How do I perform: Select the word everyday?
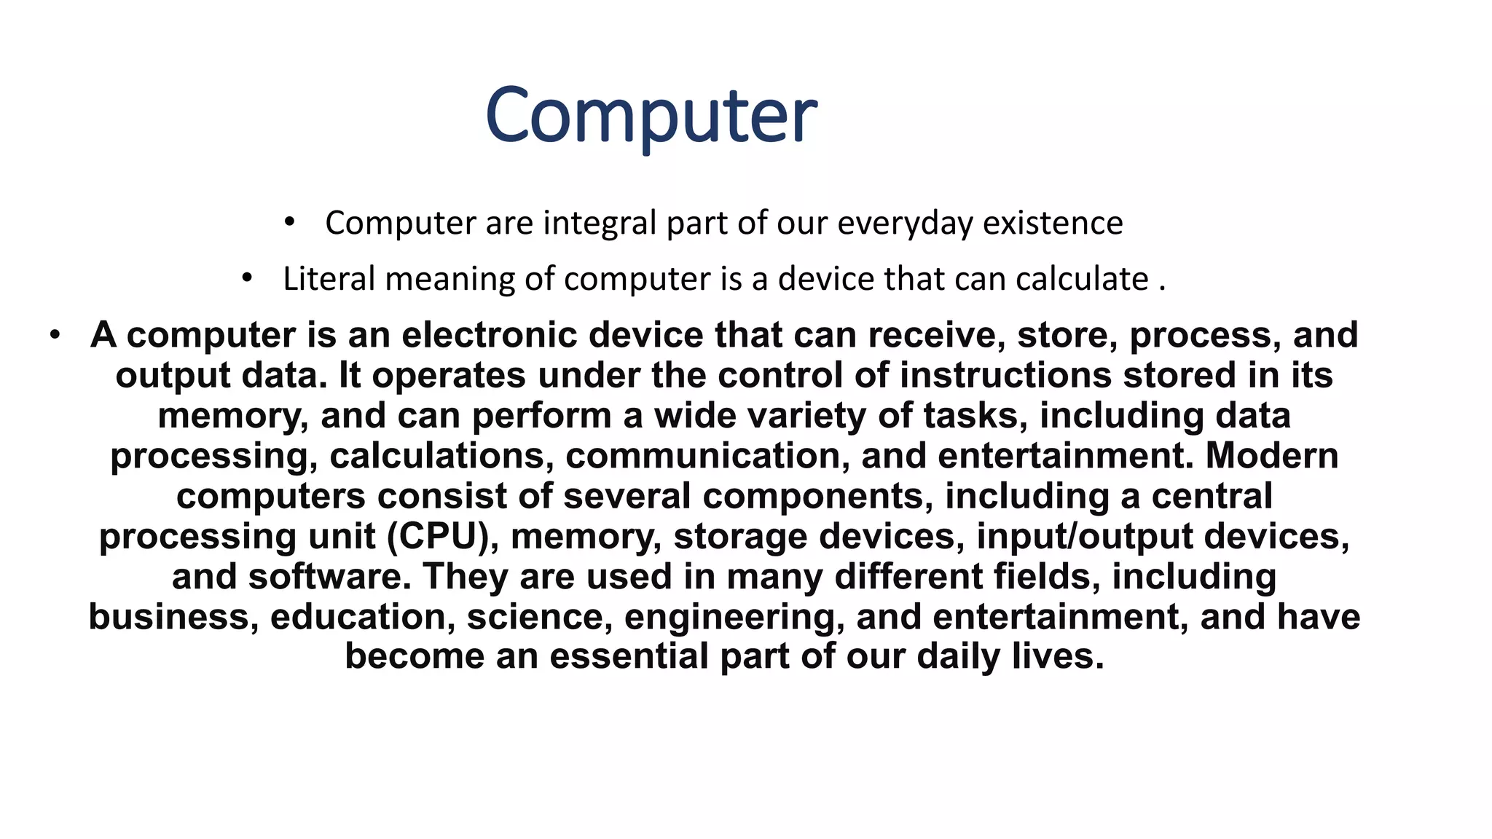[x=905, y=223]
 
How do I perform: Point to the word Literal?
[x=329, y=279]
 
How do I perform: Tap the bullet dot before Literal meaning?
[x=248, y=277]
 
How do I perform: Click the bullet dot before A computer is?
[x=55, y=336]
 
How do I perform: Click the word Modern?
[x=1272, y=456]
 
